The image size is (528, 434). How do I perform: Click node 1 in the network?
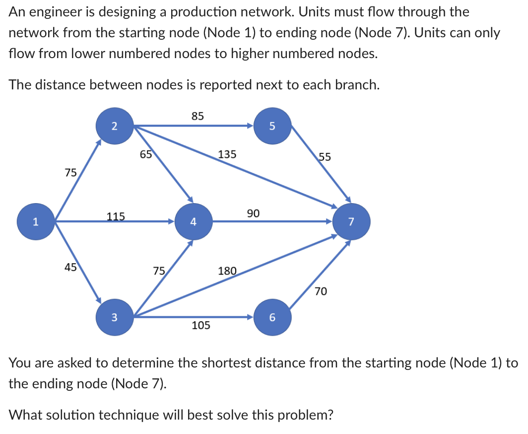(35, 222)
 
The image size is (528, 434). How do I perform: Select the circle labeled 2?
(114, 127)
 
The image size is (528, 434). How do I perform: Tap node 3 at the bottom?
(114, 317)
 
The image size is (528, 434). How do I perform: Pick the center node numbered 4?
(194, 222)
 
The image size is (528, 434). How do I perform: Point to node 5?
(272, 127)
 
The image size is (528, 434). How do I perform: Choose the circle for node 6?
(272, 317)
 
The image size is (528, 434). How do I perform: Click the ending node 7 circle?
(351, 222)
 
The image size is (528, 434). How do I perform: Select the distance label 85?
(198, 116)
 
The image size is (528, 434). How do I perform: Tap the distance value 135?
(227, 154)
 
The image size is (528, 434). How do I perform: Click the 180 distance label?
(227, 271)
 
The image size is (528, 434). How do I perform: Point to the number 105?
(200, 326)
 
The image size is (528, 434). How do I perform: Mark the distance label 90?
(253, 214)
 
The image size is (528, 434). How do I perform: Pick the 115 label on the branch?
(116, 216)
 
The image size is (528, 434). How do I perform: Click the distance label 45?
(70, 267)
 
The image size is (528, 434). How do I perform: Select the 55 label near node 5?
(325, 157)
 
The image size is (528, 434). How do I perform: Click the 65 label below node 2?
(145, 154)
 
